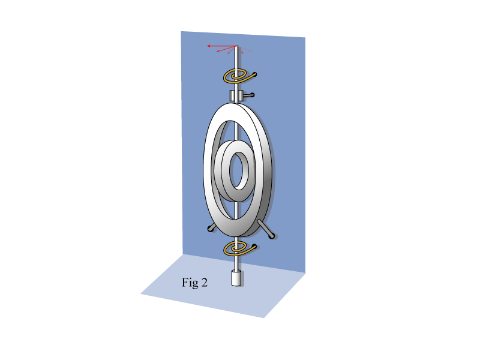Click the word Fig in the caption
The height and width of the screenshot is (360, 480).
[x=190, y=283]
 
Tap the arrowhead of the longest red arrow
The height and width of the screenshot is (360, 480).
[x=208, y=46]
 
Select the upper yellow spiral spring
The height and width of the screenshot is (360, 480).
[x=239, y=76]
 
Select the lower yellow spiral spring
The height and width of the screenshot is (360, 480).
[x=239, y=248]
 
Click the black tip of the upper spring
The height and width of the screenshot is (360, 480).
[x=254, y=74]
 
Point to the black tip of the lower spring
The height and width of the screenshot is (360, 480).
[x=254, y=246]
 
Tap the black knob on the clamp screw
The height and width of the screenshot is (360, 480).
[x=252, y=95]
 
